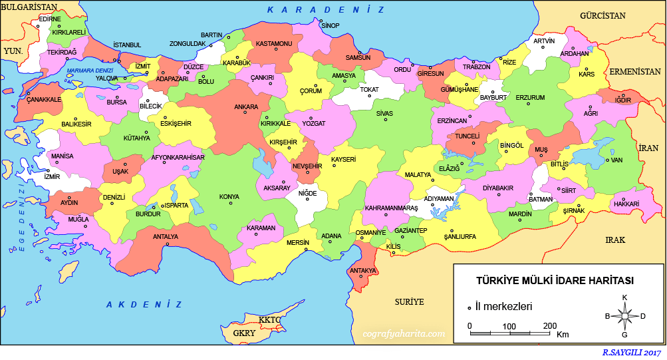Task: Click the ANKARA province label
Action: point(246,107)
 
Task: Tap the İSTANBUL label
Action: point(128,45)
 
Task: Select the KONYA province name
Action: point(229,197)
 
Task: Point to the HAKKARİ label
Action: point(626,204)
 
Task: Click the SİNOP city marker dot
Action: point(321,21)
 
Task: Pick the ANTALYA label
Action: point(166,236)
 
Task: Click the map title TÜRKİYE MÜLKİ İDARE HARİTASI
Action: point(555,281)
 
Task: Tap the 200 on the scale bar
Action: point(549,326)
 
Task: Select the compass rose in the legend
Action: point(624,316)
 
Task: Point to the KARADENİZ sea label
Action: point(326,10)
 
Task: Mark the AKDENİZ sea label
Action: point(144,304)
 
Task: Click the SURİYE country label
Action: point(409,301)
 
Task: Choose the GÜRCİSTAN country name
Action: point(603,15)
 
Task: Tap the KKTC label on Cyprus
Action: point(271,320)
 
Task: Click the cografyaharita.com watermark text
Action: point(403,333)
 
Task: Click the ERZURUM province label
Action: point(530,98)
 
